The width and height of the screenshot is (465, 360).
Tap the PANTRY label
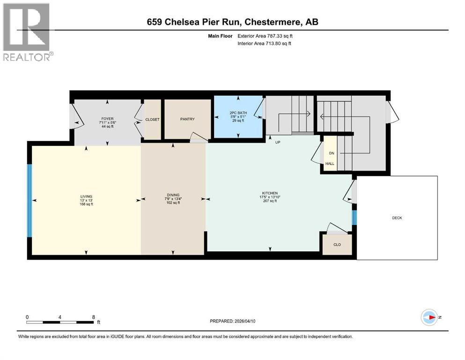[x=187, y=119]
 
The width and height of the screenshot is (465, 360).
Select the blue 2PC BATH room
[x=238, y=117]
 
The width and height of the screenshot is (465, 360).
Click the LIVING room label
[x=86, y=196]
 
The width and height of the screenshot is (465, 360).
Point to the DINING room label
[x=173, y=195]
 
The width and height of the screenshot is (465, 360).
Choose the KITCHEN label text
[x=270, y=193]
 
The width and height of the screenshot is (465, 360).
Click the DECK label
[x=397, y=217]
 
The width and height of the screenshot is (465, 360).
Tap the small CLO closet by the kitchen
[x=337, y=244]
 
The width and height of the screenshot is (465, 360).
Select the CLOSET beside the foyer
[x=152, y=120]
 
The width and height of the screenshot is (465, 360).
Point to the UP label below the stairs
[x=277, y=142]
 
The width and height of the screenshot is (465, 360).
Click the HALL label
[x=330, y=164]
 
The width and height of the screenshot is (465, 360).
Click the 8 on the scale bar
[x=93, y=317]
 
